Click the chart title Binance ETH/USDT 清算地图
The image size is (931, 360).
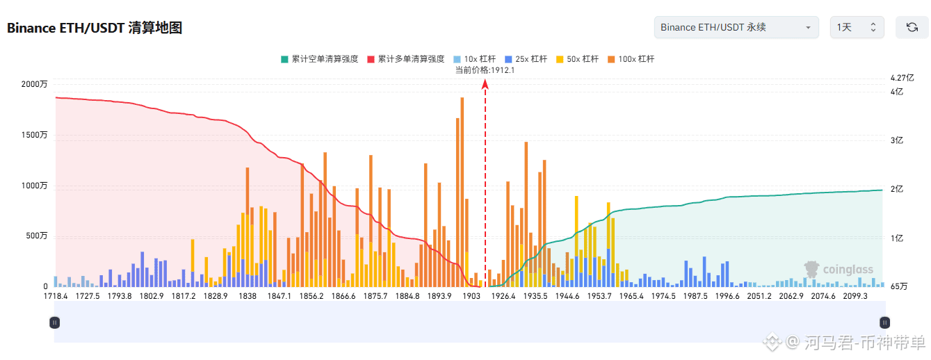tap(95, 28)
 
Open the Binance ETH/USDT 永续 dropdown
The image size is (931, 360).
tap(736, 27)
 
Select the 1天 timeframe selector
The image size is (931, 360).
tap(857, 27)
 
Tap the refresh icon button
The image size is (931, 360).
tap(912, 27)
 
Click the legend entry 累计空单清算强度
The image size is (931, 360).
tap(320, 59)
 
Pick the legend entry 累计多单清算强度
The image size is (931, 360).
tap(406, 59)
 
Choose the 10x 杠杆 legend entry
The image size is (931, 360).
tap(475, 59)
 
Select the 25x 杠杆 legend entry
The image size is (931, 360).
tap(526, 59)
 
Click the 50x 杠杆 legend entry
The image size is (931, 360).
tap(577, 59)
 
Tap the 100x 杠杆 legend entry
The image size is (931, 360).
tap(631, 59)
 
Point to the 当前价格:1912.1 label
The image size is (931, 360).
tap(485, 70)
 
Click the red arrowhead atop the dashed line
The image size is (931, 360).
tap(485, 84)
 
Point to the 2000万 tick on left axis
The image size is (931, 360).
tap(35, 84)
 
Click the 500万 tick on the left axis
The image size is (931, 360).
tap(37, 236)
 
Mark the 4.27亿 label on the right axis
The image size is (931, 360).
tap(902, 78)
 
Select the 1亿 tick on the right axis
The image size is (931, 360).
tap(896, 238)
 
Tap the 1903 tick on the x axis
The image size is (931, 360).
tap(471, 296)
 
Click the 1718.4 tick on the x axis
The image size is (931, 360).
tap(56, 296)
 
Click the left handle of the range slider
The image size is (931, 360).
tap(54, 322)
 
